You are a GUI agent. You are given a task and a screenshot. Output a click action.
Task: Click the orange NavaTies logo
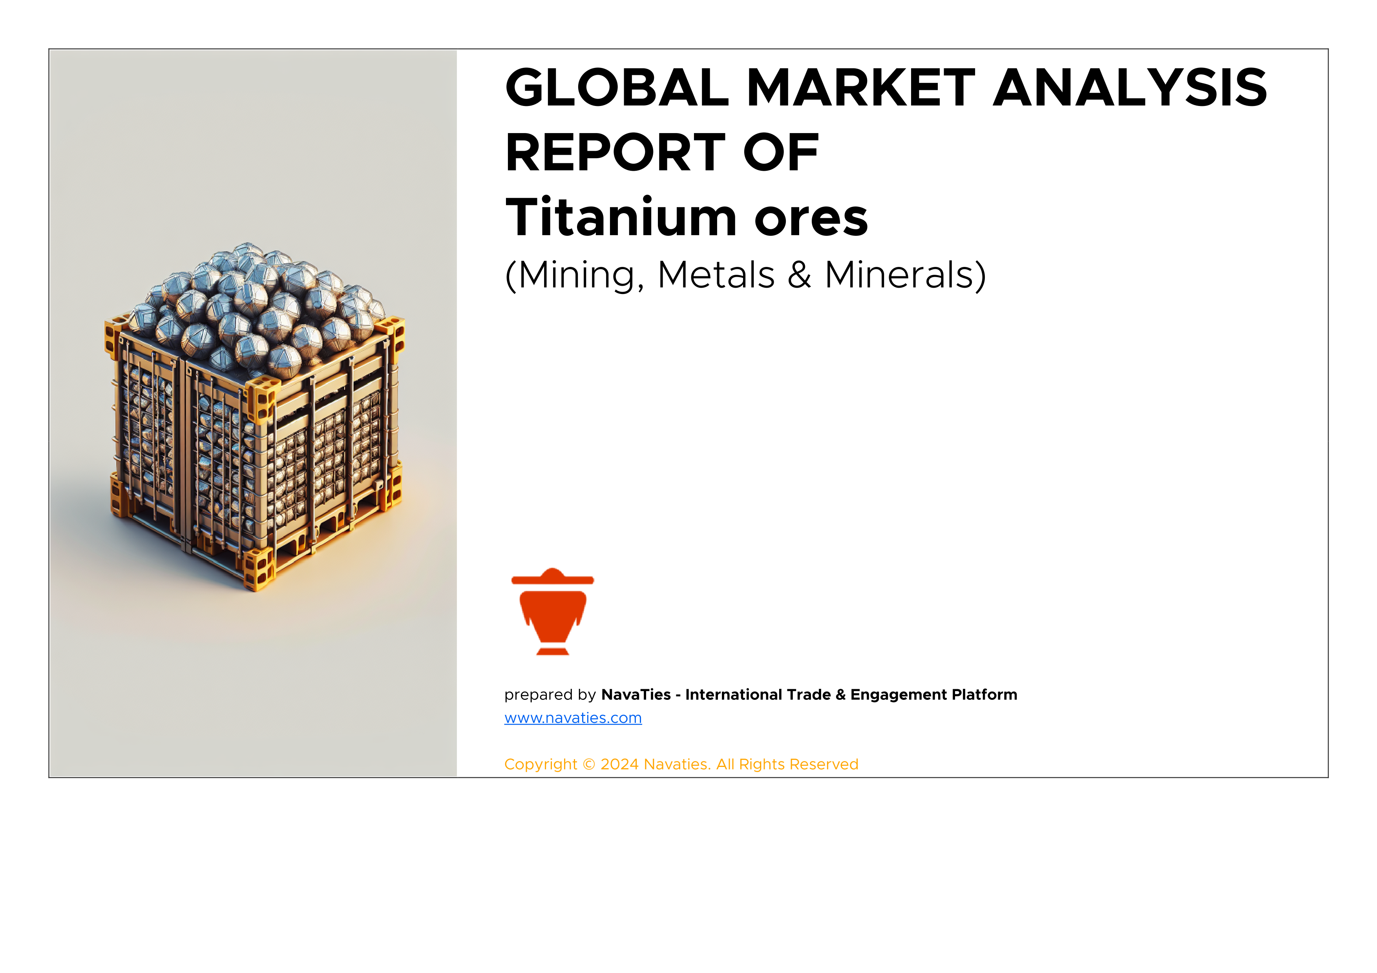click(x=552, y=612)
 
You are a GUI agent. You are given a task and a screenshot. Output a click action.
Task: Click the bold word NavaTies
click(x=636, y=694)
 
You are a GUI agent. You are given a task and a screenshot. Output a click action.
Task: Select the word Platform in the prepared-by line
click(x=984, y=694)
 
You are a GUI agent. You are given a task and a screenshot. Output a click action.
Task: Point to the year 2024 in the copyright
click(x=619, y=764)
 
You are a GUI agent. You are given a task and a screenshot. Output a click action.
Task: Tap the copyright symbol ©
click(x=589, y=764)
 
